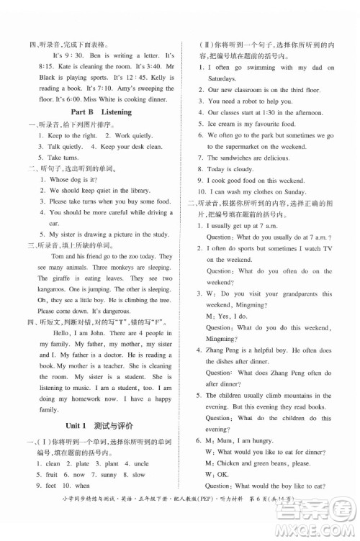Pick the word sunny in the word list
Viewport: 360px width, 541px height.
[x=109, y=475]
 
